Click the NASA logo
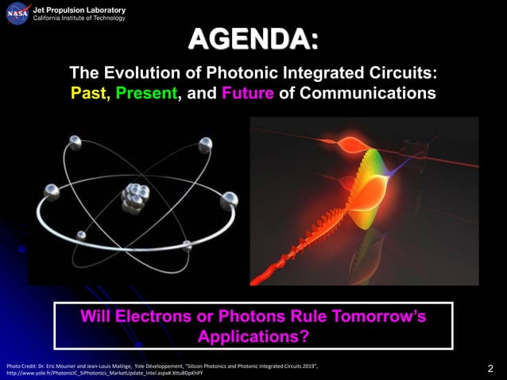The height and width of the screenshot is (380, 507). (17, 14)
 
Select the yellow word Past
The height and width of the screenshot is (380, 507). (90, 93)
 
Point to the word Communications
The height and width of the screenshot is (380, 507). (366, 93)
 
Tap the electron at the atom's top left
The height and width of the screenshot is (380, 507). (75, 142)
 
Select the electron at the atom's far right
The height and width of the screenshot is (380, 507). (229, 199)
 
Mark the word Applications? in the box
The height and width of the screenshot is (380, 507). (253, 336)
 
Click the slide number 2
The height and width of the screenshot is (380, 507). (490, 368)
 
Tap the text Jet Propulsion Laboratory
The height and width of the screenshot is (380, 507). (79, 10)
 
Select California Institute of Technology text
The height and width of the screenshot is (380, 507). (79, 18)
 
